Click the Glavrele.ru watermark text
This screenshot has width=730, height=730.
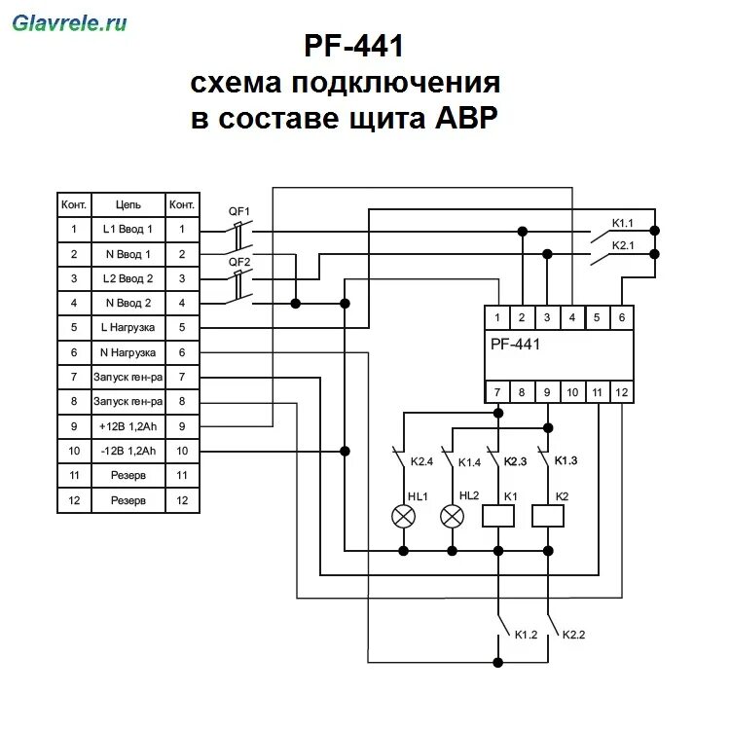click(69, 22)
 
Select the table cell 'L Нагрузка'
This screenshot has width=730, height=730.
click(128, 327)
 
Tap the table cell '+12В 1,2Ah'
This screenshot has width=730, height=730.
click(128, 425)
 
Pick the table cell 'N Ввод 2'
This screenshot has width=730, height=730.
click(128, 303)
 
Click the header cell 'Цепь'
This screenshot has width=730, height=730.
click(128, 205)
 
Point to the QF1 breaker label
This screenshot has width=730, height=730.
click(238, 211)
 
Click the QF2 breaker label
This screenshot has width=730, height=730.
click(238, 262)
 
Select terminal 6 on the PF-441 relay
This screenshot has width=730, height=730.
click(621, 317)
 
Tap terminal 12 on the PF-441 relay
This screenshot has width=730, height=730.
click(621, 392)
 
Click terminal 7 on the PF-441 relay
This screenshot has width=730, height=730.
click(497, 392)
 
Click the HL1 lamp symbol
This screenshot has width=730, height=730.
click(399, 516)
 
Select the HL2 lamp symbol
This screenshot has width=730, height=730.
click(452, 516)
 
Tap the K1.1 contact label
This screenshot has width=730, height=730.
click(622, 222)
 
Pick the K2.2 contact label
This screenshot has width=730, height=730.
click(574, 635)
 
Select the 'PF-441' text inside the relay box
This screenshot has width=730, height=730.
click(515, 343)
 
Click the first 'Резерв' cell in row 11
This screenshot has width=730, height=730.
click(128, 475)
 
